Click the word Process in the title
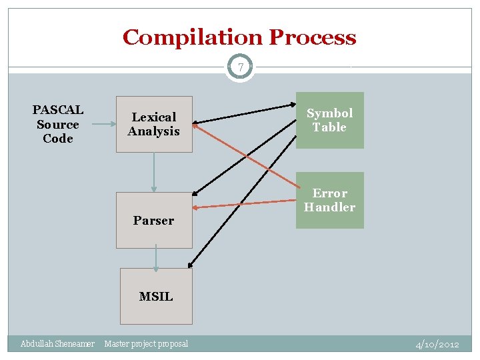312,37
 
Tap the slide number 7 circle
240,67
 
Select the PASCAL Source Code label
58,124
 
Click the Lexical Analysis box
154,125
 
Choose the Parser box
153,221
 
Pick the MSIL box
156,296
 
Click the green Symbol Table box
329,120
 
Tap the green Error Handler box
329,200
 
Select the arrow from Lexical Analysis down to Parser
154,172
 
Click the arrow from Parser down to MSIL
156,258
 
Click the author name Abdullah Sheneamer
57,344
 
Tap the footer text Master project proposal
146,344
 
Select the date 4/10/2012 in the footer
437,345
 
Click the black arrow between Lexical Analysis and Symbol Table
247,113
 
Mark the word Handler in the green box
329,207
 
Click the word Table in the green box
329,127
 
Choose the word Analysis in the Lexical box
154,132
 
